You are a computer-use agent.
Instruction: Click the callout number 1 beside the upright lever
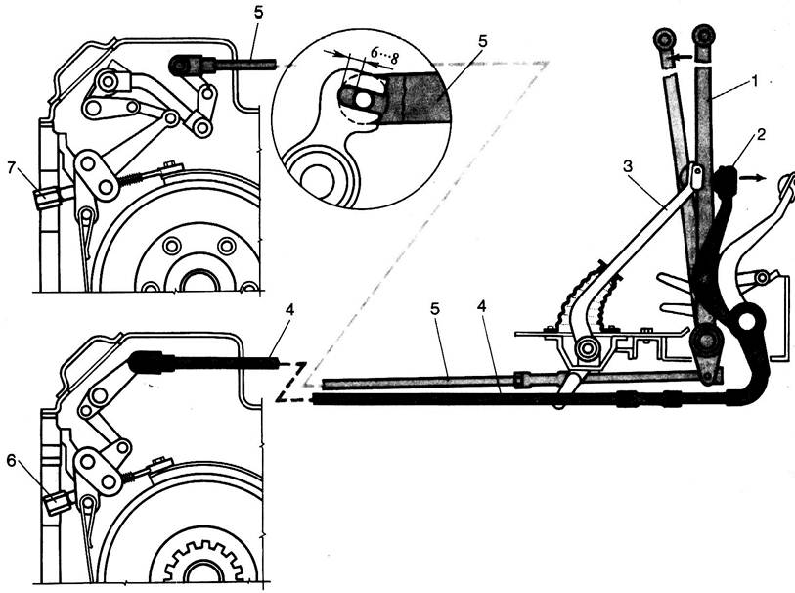coord(755,81)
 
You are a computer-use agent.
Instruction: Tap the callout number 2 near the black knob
coord(760,134)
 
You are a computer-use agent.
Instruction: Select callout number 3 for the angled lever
coord(629,167)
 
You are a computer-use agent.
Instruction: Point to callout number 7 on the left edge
coord(12,167)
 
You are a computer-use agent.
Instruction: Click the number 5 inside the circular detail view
coord(482,41)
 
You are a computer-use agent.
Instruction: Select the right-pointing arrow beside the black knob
coord(751,177)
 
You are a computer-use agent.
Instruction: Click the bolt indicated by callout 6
coord(57,503)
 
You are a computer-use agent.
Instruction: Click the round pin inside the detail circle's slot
coord(363,101)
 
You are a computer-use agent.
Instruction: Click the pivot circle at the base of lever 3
coord(588,349)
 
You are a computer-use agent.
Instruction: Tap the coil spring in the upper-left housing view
coord(131,179)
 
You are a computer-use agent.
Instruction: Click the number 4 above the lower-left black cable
coord(289,309)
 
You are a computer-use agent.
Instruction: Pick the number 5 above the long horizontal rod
coord(435,310)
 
